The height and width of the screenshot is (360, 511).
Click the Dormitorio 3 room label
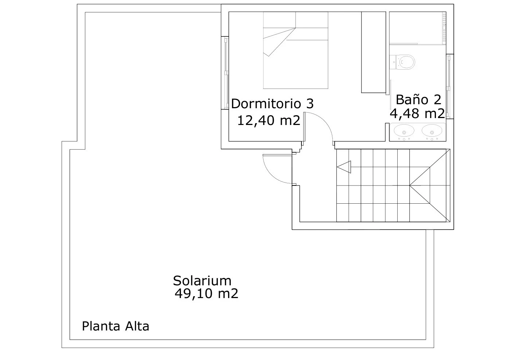pyautogui.click(x=272, y=104)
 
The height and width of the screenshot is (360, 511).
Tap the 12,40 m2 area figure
pyautogui.click(x=269, y=120)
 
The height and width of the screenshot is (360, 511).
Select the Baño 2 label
pyautogui.click(x=418, y=99)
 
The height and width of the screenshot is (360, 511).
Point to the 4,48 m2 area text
pyautogui.click(x=417, y=113)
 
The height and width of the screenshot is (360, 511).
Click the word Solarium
pyautogui.click(x=202, y=281)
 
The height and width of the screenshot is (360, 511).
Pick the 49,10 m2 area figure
pyautogui.click(x=206, y=293)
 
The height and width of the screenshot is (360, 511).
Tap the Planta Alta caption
pyautogui.click(x=116, y=326)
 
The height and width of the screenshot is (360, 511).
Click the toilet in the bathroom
pyautogui.click(x=402, y=62)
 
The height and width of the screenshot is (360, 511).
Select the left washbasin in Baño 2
pyautogui.click(x=404, y=131)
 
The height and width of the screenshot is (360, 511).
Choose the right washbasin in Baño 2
pyautogui.click(x=432, y=131)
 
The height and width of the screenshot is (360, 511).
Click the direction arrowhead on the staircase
pyautogui.click(x=344, y=167)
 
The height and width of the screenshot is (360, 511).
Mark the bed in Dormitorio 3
pyautogui.click(x=296, y=50)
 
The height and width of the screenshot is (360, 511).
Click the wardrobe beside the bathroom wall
pyautogui.click(x=374, y=52)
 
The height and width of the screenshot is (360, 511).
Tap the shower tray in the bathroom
pyautogui.click(x=418, y=28)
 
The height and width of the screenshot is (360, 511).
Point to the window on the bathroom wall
pyautogui.click(x=450, y=86)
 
